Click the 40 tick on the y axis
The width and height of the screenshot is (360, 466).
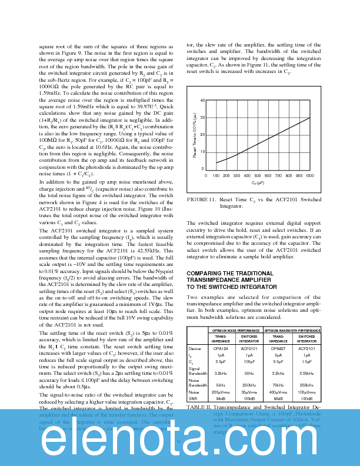[202, 101]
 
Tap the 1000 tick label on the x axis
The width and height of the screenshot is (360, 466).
[309, 175]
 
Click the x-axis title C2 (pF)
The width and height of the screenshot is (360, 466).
[258, 183]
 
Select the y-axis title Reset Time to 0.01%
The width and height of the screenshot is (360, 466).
[194, 135]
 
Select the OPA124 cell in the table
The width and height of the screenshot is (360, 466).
[221, 348]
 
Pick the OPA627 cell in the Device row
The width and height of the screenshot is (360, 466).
[278, 348]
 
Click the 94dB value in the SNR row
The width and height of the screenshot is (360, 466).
[221, 398]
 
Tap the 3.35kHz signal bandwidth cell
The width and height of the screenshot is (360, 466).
[306, 373]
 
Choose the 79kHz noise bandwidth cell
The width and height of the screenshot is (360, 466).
[278, 385]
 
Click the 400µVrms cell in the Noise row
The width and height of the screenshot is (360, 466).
[278, 391]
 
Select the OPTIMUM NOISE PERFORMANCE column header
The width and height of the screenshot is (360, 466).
[235, 331]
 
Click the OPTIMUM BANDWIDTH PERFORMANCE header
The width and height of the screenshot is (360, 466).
[292, 331]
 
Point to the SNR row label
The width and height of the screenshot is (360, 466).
[192, 398]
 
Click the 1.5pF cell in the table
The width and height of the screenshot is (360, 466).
[306, 361]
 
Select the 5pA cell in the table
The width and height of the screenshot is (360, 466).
[278, 355]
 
